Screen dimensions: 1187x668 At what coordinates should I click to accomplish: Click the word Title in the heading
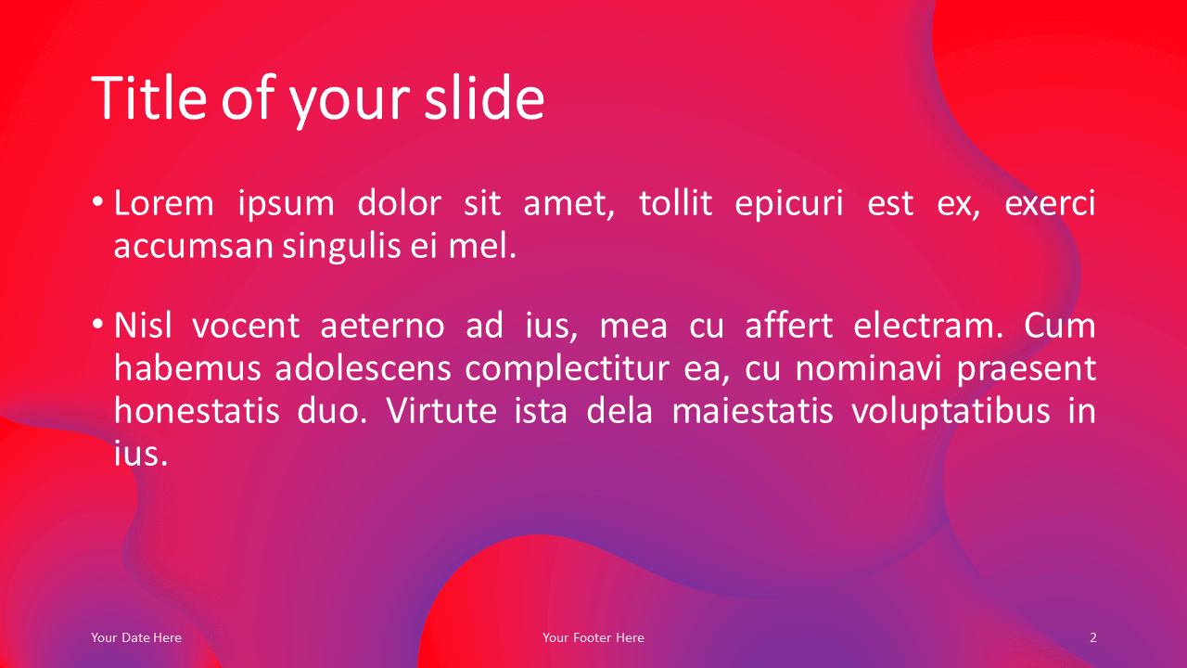point(149,98)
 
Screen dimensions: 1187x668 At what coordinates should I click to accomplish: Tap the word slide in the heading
point(484,98)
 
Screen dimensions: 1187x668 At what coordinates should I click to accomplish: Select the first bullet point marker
point(97,202)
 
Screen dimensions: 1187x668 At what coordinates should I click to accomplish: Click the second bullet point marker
point(97,324)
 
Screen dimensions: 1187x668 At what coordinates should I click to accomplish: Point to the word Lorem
point(164,203)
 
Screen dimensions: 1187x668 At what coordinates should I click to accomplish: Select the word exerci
point(1050,203)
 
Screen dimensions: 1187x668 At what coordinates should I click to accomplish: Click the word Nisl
point(143,325)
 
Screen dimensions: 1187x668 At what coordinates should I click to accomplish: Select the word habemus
point(188,368)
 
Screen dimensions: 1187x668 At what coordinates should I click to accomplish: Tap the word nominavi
point(869,368)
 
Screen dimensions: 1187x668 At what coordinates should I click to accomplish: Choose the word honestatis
point(197,411)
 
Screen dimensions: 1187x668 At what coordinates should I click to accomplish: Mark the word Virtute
point(440,411)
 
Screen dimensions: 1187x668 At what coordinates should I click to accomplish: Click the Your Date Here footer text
point(136,637)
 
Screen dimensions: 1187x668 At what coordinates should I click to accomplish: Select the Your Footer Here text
point(593,637)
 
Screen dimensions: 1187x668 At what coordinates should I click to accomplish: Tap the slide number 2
point(1092,637)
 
